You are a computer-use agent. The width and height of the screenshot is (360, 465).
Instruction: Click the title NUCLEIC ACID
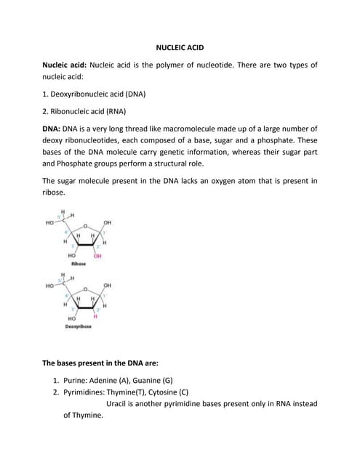180,47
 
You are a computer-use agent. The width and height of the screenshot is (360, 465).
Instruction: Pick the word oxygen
233,180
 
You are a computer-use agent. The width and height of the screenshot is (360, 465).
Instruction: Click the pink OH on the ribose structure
97,256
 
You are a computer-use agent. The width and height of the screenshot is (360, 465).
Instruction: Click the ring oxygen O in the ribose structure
85,226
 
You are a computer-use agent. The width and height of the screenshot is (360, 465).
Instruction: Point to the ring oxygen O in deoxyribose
85,289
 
